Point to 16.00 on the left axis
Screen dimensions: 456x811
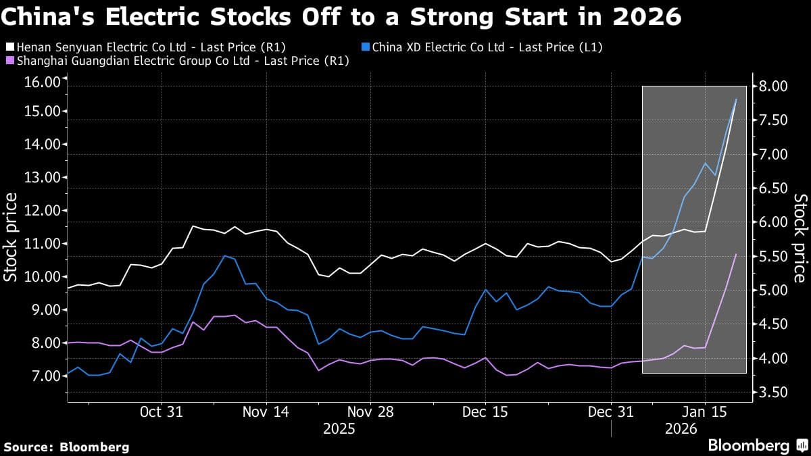click(42, 82)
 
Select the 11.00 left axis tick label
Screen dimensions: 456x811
click(42, 243)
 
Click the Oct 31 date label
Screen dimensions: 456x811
click(161, 411)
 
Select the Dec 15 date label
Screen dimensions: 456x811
click(485, 411)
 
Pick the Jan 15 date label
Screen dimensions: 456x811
click(704, 411)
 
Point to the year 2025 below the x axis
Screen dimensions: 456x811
click(340, 428)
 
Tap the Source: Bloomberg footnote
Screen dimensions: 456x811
click(66, 447)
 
